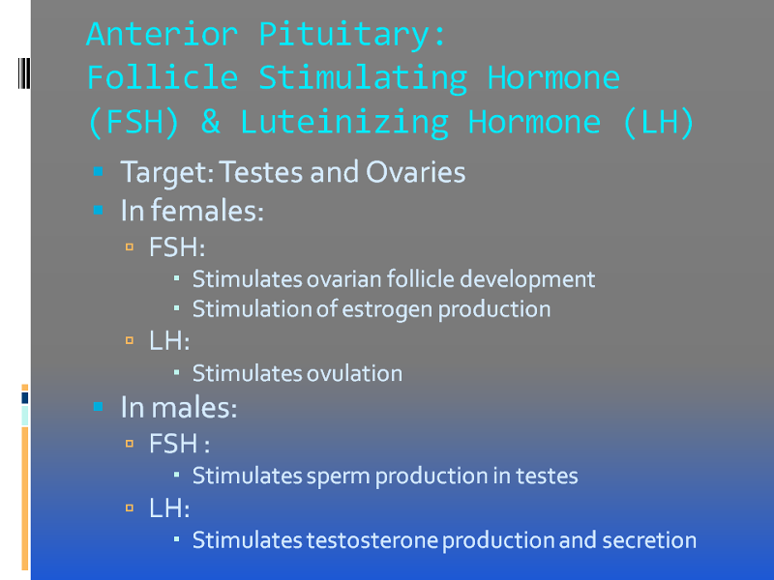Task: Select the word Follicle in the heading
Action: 163,78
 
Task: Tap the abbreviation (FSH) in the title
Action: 134,122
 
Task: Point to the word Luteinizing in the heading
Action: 344,123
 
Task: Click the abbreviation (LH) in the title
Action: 659,122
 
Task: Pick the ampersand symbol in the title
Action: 210,122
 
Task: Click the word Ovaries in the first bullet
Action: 416,172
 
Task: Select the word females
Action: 207,211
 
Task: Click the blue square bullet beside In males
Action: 99,407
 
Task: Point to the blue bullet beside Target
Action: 99,171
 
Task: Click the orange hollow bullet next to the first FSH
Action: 130,246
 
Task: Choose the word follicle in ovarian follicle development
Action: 421,279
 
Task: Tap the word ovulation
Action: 354,373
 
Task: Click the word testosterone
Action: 372,540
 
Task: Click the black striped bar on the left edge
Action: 24,73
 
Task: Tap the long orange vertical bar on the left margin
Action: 25,498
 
